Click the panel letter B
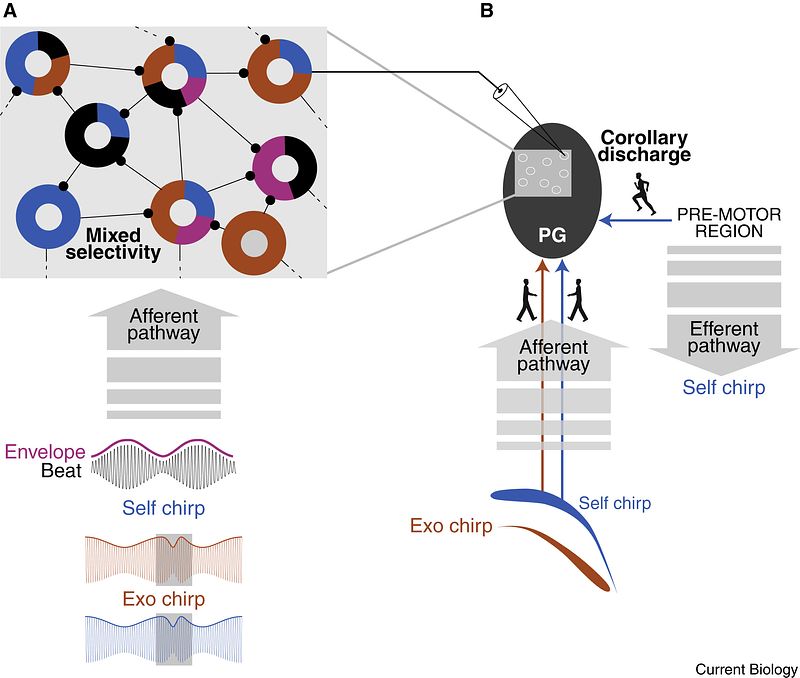coord(486,11)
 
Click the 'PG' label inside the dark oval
coord(552,236)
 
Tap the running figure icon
coord(644,194)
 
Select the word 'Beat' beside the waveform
coord(64,471)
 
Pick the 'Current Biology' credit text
coord(746,668)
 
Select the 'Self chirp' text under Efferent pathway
coord(723,387)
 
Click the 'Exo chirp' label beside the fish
coord(451,525)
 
